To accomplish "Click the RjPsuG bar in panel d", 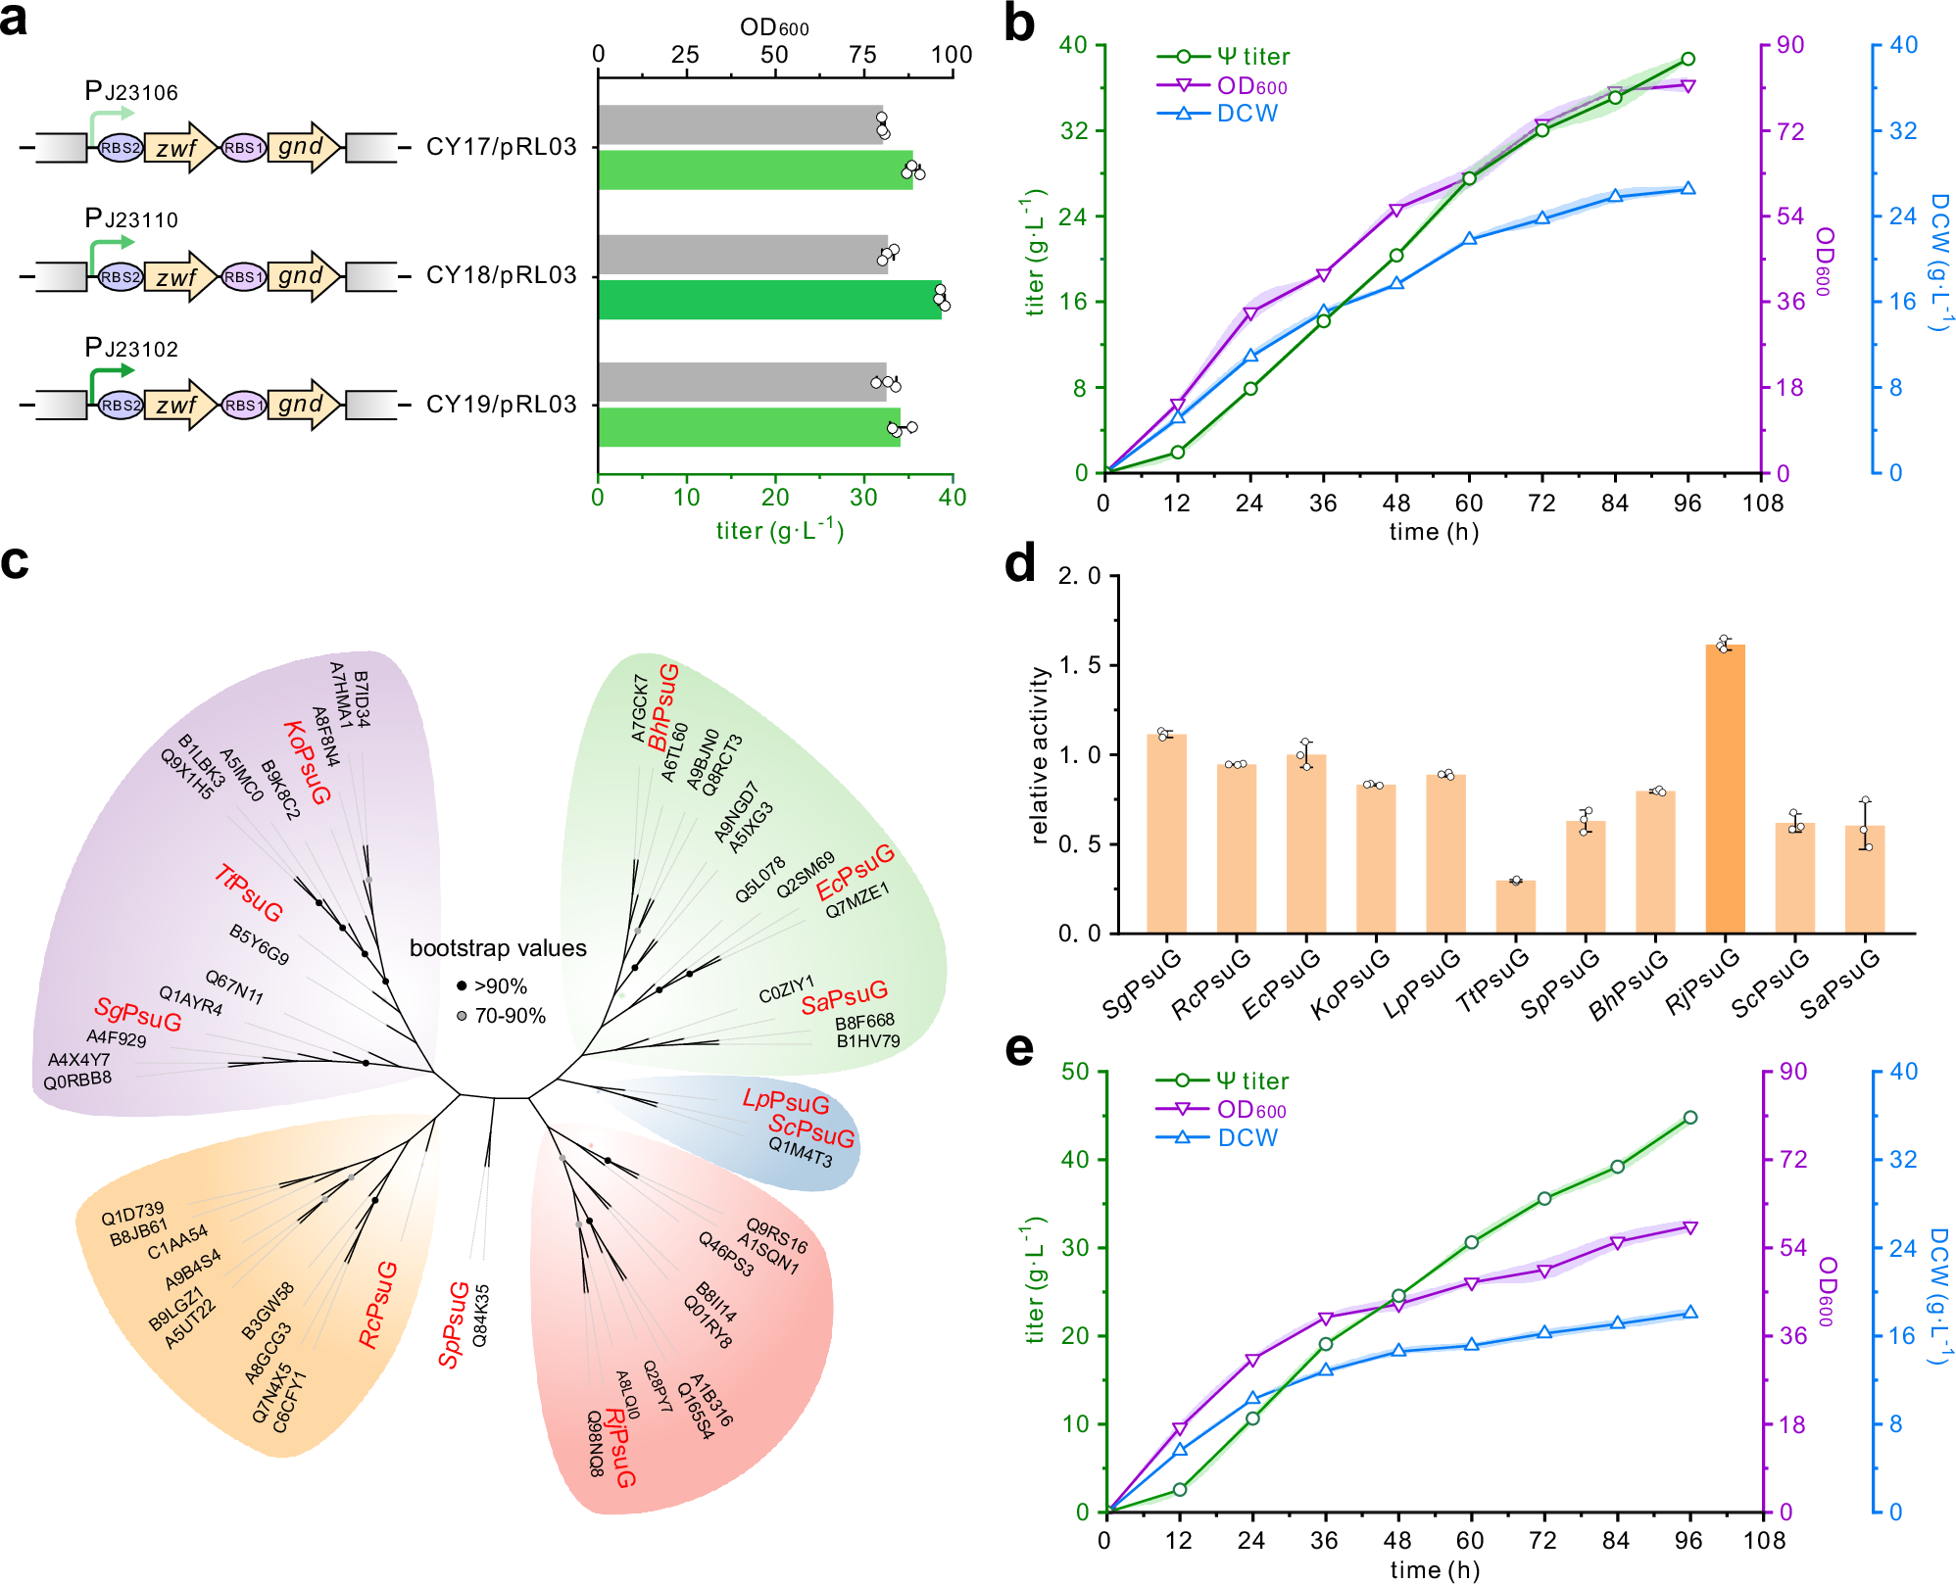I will click(x=1725, y=788).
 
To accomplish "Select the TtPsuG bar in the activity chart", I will click(x=1515, y=906).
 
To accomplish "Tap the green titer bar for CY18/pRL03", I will click(x=769, y=300).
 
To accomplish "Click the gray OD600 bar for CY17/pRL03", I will click(x=741, y=124).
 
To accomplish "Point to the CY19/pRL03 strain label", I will click(x=501, y=404).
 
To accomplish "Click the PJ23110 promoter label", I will click(x=131, y=218).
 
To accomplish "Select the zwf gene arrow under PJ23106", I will click(x=179, y=148).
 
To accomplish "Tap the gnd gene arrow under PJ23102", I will click(x=303, y=405).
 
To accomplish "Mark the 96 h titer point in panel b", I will click(x=1687, y=59).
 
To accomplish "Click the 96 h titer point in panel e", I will click(x=1689, y=1118).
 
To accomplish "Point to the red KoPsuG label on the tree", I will click(x=307, y=762).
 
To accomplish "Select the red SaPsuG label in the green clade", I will click(x=844, y=998).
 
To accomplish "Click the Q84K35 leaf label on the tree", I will click(x=480, y=1316).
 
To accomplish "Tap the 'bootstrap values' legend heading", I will click(x=498, y=948).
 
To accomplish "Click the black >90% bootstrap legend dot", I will click(x=462, y=985).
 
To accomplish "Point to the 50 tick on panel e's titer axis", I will click(x=1075, y=1071).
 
